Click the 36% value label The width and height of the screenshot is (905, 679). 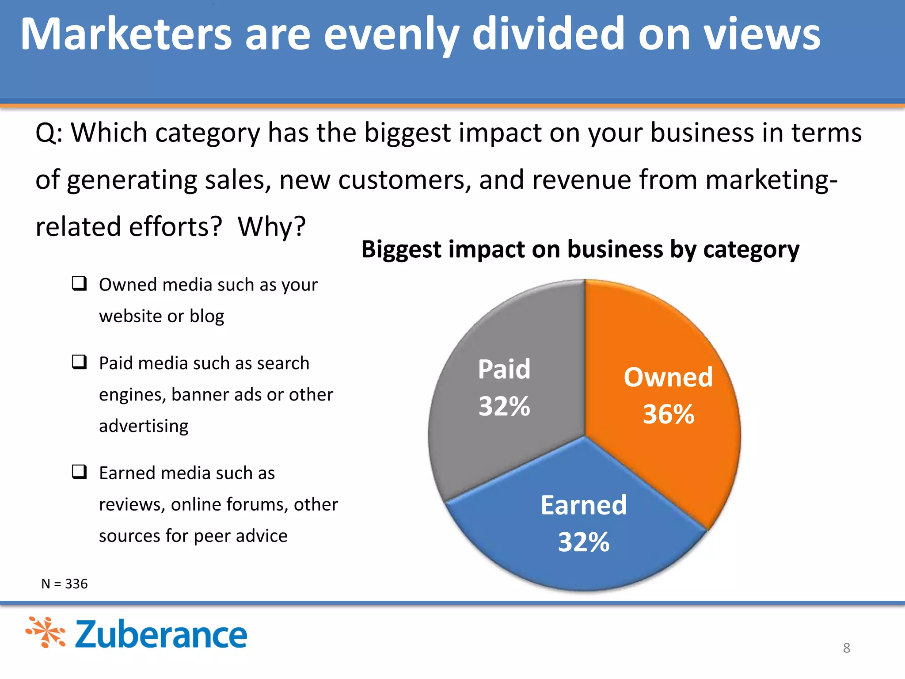pyautogui.click(x=669, y=414)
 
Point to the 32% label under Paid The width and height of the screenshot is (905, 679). pyautogui.click(x=504, y=406)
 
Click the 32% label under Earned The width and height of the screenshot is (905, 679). pyautogui.click(x=584, y=542)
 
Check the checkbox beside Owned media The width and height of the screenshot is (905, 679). pyautogui.click(x=80, y=283)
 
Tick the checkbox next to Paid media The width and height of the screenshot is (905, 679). pyautogui.click(x=80, y=362)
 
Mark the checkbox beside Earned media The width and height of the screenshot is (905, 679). pyautogui.click(x=80, y=472)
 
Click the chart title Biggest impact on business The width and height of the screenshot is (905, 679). pyautogui.click(x=580, y=249)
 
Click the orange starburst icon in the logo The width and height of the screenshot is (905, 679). pyautogui.click(x=46, y=633)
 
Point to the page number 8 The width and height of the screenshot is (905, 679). pyautogui.click(x=846, y=648)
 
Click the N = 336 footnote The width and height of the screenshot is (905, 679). pyautogui.click(x=65, y=584)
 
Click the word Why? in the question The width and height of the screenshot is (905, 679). pyautogui.click(x=272, y=227)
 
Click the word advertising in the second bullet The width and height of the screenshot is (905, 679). pyautogui.click(x=144, y=426)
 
